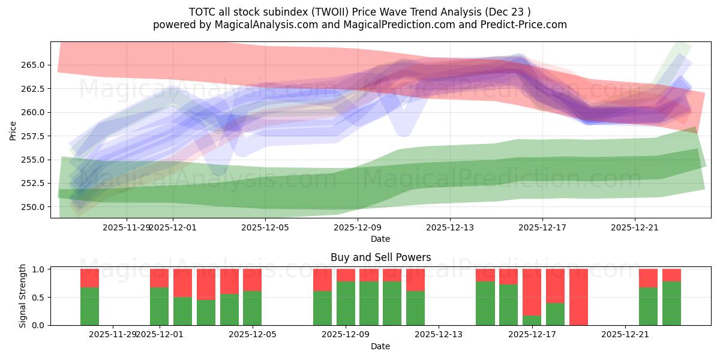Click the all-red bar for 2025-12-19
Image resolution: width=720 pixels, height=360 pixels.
point(578,297)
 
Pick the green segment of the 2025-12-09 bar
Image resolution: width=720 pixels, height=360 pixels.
point(346,303)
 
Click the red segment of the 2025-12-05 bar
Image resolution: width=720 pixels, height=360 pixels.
point(252,280)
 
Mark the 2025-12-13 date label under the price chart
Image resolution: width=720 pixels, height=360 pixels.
point(450,227)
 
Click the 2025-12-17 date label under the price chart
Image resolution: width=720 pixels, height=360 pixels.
point(542,227)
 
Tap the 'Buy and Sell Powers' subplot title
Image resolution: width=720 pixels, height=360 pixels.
point(380,257)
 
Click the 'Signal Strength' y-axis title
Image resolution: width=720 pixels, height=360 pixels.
point(23,296)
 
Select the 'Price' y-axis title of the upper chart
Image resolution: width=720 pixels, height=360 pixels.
point(13,130)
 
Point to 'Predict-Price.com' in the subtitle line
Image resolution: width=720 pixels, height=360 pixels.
point(526,25)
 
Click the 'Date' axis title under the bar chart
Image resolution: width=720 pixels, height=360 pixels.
point(380,346)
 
